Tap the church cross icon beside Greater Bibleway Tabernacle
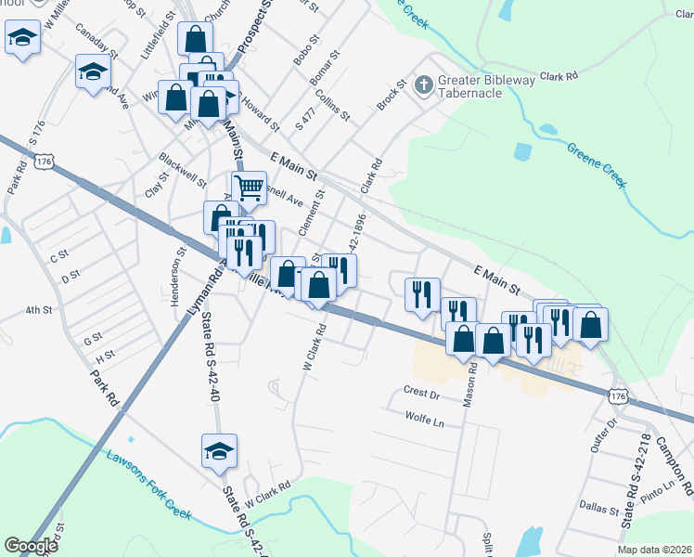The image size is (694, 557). coord(424,86)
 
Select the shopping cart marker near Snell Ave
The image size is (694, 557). coord(249,188)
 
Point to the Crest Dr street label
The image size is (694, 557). coord(420,394)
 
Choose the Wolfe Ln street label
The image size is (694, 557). coord(425,419)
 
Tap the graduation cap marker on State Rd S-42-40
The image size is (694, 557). coord(219,451)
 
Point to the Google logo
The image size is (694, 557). coord(31,546)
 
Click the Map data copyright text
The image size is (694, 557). coord(654,550)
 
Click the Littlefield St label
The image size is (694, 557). coord(159,36)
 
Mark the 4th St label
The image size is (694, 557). coord(38,310)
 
